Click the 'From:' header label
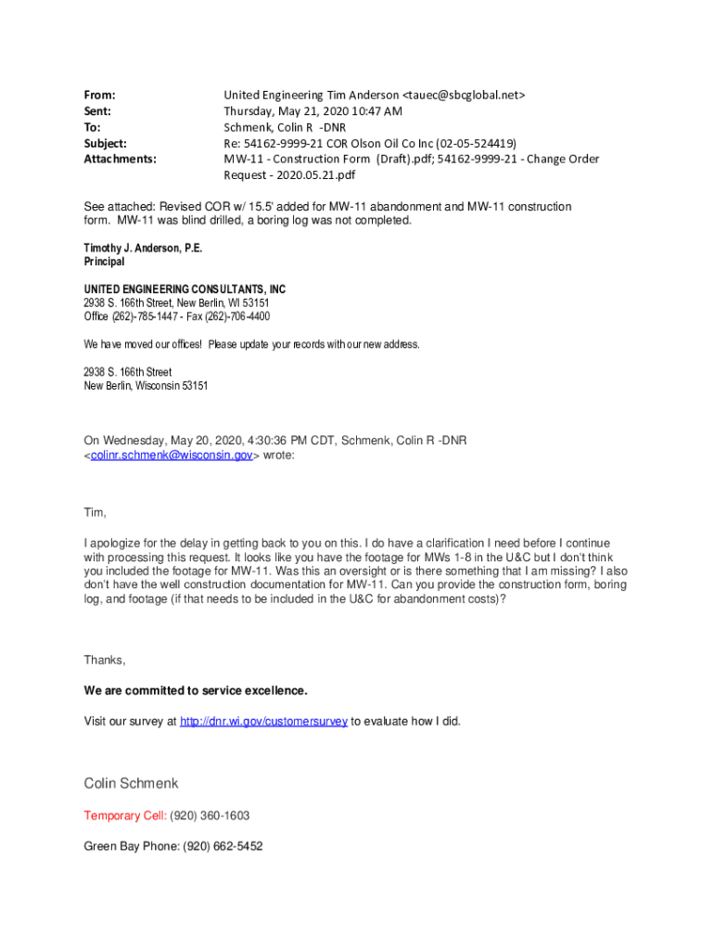(x=99, y=95)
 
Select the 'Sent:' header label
(x=97, y=110)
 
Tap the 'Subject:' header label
(x=106, y=143)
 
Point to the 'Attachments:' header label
(x=120, y=159)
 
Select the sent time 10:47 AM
(x=373, y=110)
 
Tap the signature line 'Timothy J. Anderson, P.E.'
(x=143, y=249)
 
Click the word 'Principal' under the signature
(x=104, y=262)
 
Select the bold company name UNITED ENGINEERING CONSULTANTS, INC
(x=185, y=289)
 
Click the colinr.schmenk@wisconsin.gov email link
(x=171, y=456)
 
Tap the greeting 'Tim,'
(x=96, y=513)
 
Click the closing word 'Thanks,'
(x=105, y=660)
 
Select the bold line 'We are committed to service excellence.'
(x=196, y=690)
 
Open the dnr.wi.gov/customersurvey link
(x=263, y=721)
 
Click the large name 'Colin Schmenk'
(x=131, y=783)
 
